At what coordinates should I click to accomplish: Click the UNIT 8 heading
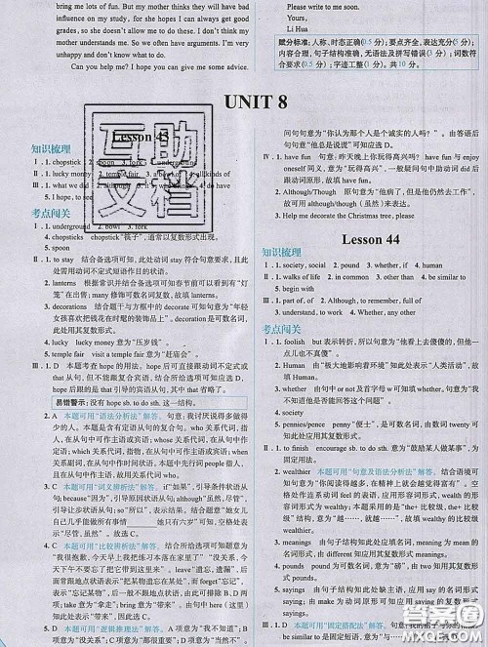243,102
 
